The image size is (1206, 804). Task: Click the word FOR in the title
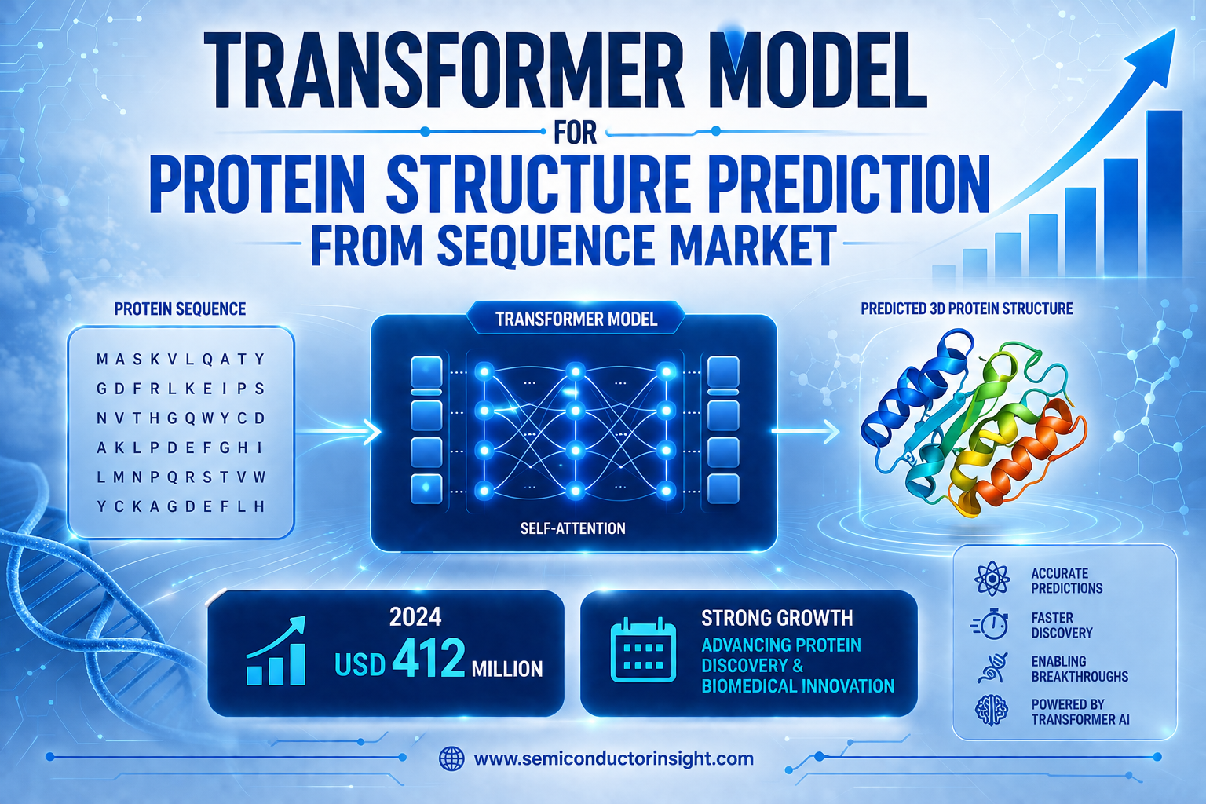575,133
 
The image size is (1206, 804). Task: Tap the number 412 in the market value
429,657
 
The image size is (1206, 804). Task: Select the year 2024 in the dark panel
415,617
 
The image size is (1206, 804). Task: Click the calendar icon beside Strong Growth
643,650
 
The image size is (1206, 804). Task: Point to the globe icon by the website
451,758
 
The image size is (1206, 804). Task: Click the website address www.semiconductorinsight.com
614,758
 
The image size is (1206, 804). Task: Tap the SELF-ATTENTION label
573,528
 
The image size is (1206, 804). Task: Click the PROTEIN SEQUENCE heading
180,309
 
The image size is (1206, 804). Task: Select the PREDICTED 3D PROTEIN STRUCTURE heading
967,309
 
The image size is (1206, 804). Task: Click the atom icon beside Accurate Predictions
992,579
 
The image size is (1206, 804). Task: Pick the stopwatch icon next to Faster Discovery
991,625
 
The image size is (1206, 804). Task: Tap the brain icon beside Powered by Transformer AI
992,711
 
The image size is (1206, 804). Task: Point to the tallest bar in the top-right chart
1164,194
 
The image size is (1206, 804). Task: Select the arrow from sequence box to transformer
338,431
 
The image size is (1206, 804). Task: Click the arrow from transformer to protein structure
806,431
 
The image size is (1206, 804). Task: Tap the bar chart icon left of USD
276,651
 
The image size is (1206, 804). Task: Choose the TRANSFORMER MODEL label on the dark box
576,320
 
